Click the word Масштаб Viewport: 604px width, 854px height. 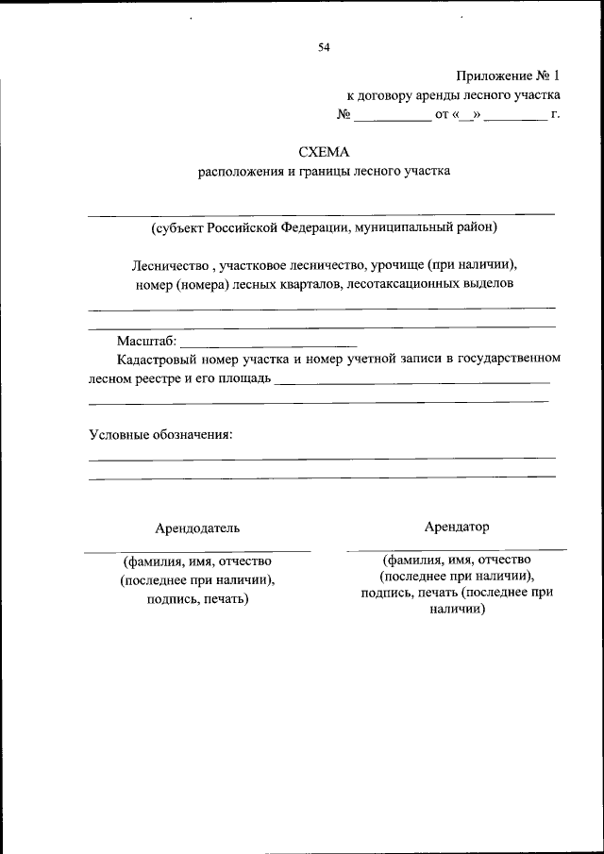point(146,341)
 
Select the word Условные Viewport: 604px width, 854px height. point(119,434)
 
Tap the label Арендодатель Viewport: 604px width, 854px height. point(197,527)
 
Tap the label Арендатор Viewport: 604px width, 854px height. point(457,526)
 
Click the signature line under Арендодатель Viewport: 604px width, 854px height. point(197,550)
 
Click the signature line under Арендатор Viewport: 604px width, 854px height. point(457,548)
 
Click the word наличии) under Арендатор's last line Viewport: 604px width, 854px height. point(457,610)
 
